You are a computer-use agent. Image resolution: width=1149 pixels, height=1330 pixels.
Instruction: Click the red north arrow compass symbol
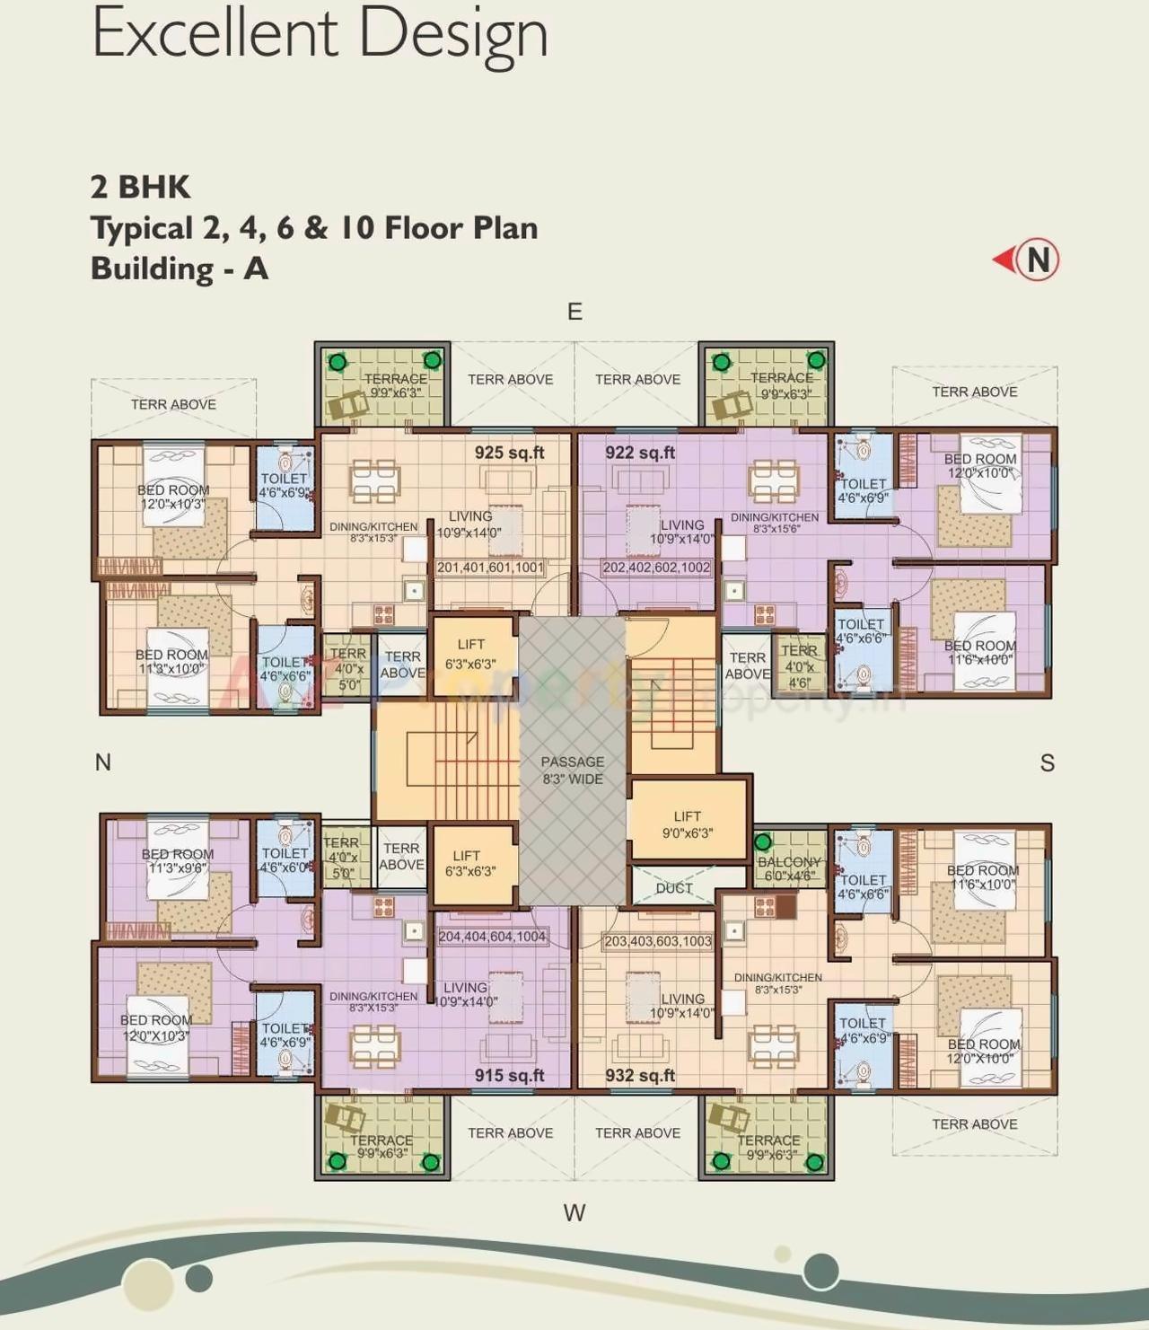pyautogui.click(x=1027, y=260)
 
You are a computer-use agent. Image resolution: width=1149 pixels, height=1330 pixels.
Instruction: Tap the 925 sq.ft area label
pyautogui.click(x=509, y=453)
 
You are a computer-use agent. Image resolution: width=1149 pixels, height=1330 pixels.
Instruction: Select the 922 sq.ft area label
pyautogui.click(x=640, y=453)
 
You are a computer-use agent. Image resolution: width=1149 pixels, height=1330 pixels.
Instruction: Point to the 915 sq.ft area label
pyautogui.click(x=509, y=1075)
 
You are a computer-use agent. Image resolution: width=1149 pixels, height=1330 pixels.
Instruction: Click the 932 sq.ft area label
pyautogui.click(x=640, y=1075)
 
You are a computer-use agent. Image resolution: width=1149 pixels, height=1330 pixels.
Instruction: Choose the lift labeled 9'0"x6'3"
pyautogui.click(x=687, y=824)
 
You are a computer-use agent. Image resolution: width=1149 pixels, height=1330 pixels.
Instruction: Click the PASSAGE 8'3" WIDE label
pyautogui.click(x=573, y=770)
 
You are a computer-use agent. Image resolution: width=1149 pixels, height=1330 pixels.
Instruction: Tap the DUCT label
pyautogui.click(x=673, y=887)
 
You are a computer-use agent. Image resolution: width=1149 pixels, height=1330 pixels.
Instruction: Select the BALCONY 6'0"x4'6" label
pyautogui.click(x=789, y=868)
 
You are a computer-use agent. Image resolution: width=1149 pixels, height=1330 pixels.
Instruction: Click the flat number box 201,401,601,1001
pyautogui.click(x=490, y=568)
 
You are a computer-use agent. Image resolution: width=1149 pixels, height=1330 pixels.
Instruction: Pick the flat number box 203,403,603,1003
pyautogui.click(x=658, y=941)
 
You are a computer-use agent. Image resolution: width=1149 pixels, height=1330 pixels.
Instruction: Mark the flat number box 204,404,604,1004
pyautogui.click(x=492, y=937)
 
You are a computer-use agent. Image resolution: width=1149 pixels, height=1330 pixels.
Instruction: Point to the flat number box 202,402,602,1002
pyautogui.click(x=656, y=568)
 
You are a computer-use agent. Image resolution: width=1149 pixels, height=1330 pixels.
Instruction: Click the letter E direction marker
pyautogui.click(x=574, y=312)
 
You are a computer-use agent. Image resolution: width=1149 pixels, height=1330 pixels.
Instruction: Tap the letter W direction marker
pyautogui.click(x=574, y=1212)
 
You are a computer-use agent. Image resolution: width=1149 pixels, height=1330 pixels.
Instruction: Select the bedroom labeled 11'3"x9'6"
pyautogui.click(x=177, y=861)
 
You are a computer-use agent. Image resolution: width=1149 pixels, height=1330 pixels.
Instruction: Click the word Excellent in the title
pyautogui.click(x=215, y=33)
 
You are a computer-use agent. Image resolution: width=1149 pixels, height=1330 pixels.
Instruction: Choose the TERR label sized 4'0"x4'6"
pyautogui.click(x=799, y=665)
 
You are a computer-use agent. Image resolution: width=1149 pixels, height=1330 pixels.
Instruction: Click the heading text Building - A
pyautogui.click(x=180, y=269)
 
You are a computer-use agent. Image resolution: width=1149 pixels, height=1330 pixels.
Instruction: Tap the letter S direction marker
pyautogui.click(x=1047, y=763)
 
